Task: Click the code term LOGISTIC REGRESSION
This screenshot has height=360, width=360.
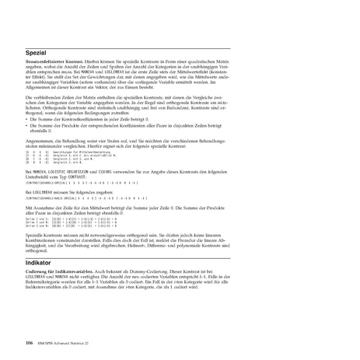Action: [75, 169]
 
